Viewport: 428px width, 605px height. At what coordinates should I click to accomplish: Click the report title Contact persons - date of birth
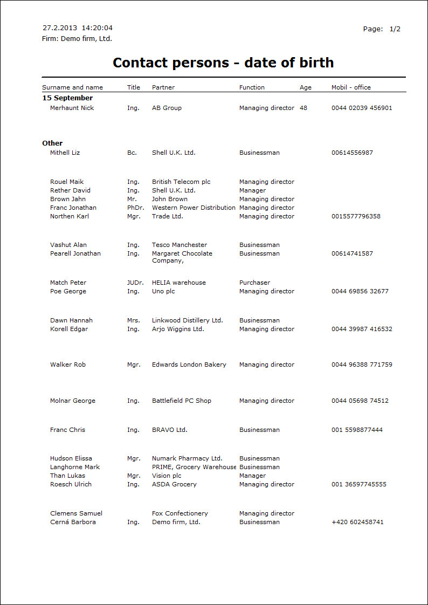click(223, 63)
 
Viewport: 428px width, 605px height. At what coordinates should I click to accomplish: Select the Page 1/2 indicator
click(382, 29)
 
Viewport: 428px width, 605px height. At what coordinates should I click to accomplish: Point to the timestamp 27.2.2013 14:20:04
click(78, 28)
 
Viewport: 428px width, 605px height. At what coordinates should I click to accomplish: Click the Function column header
click(252, 87)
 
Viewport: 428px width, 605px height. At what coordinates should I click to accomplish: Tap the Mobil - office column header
click(351, 87)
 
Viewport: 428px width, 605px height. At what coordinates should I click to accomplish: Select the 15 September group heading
click(67, 98)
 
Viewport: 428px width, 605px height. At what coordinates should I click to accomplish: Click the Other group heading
click(52, 143)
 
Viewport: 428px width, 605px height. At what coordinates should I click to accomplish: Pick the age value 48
click(303, 108)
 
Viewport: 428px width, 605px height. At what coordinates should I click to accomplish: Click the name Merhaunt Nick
click(72, 108)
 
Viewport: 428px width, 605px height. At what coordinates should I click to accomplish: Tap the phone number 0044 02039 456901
click(362, 108)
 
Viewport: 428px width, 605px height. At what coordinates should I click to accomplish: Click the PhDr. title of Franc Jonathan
click(135, 208)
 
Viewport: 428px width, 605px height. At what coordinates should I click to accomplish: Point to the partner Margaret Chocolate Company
click(182, 257)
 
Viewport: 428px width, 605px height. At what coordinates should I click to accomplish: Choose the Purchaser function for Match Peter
click(254, 283)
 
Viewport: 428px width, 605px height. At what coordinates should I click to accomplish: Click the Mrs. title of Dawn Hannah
click(133, 320)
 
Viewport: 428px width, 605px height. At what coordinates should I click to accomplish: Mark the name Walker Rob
click(68, 365)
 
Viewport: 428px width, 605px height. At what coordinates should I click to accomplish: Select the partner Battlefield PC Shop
click(182, 401)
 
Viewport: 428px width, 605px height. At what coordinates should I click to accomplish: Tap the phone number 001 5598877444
click(357, 430)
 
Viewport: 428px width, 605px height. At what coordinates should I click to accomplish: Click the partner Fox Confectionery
click(180, 513)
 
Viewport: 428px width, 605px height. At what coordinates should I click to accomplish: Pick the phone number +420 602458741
click(357, 522)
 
